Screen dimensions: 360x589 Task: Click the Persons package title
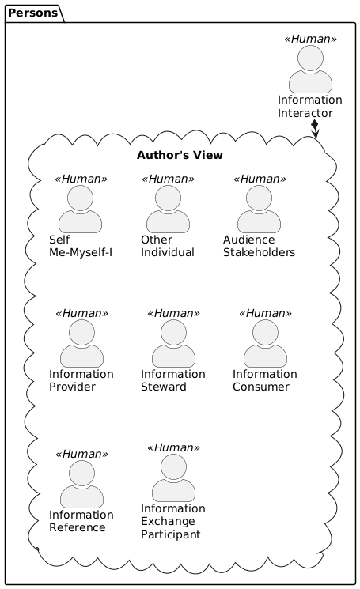coord(32,13)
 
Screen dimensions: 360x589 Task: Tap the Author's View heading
coord(180,155)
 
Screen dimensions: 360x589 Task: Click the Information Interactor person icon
coord(310,69)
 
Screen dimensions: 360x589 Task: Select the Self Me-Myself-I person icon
coord(80,209)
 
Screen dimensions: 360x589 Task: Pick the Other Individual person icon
coord(168,209)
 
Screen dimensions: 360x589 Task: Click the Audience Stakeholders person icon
coord(259,209)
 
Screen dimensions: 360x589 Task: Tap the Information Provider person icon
coord(82,343)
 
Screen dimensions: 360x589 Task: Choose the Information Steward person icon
coord(173,343)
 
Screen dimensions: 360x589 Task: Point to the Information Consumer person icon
coord(265,343)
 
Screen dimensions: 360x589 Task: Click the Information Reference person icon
coord(82,484)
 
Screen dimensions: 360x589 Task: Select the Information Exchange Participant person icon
coord(173,478)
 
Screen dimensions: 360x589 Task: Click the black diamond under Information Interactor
coord(315,124)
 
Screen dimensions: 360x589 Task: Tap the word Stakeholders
coord(259,252)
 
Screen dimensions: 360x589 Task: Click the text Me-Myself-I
coord(81,252)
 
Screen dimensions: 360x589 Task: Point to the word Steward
coord(164,387)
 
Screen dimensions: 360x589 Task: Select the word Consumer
coord(261,387)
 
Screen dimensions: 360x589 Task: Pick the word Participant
coord(171,534)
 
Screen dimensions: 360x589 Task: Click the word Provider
coord(72,387)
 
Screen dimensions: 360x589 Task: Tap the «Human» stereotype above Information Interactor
coord(310,39)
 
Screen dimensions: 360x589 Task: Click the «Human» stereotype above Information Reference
coord(82,454)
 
